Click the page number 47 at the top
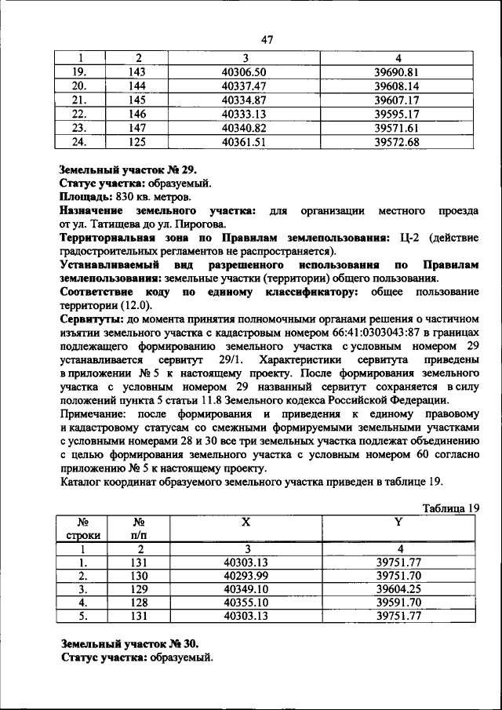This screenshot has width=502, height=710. point(267,40)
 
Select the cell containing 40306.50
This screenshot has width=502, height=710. point(246,71)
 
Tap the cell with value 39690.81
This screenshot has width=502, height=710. point(398,71)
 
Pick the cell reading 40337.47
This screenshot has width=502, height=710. point(246,86)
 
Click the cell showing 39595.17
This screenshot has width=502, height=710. point(398,114)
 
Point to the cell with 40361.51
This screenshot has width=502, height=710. point(246,142)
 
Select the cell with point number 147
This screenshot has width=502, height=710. point(138,128)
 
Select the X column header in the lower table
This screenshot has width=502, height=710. point(246,522)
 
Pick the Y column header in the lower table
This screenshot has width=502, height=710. point(398,522)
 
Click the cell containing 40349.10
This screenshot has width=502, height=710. point(246,588)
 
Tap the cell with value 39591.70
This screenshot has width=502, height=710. point(398,602)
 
